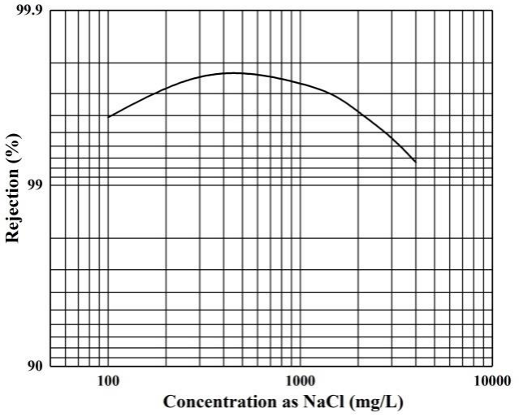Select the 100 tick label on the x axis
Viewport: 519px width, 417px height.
point(108,380)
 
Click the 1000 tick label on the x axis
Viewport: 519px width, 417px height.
point(300,380)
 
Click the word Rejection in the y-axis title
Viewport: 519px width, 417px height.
point(12,202)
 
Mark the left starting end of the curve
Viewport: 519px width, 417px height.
point(108,117)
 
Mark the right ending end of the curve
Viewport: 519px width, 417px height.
point(416,162)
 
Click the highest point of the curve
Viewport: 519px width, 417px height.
point(232,72)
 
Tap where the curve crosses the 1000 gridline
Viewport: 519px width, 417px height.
point(300,83)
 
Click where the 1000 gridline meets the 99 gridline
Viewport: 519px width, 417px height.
point(300,185)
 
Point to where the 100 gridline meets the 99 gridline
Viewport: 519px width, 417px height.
point(108,185)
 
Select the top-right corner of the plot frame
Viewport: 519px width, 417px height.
point(491,11)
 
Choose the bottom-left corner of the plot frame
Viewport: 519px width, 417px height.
point(50,366)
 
